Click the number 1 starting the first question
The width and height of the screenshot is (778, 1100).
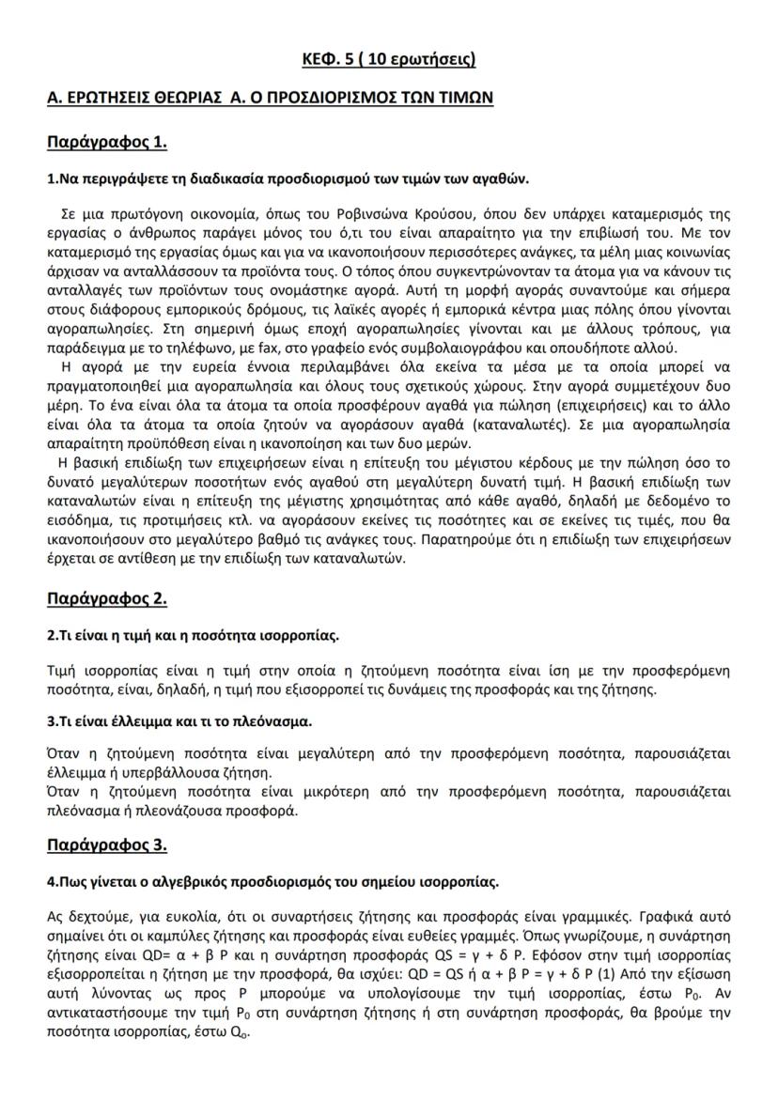pos(50,178)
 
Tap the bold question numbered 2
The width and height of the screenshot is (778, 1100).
pos(193,635)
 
